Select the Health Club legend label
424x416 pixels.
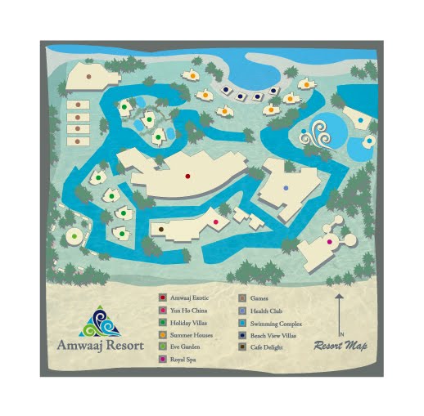click(266, 311)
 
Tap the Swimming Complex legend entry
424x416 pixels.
click(273, 323)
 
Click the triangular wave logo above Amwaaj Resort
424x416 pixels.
click(100, 320)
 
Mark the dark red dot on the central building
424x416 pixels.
click(187, 176)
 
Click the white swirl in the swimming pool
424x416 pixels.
click(315, 136)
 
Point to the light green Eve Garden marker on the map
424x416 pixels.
click(74, 237)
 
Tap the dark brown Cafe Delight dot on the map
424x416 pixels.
click(162, 230)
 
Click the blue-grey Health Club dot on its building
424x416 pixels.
click(286, 188)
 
